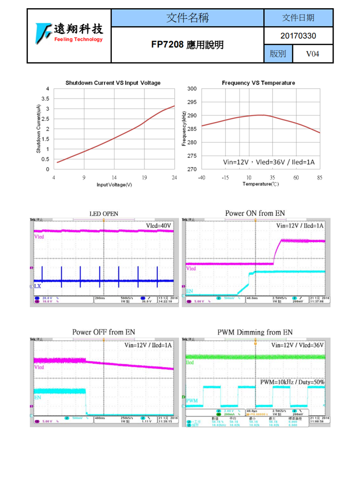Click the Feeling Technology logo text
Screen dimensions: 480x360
pos(78,39)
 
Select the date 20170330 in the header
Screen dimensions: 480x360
pos(298,36)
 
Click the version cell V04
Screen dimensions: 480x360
pos(312,54)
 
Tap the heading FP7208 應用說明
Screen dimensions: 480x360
pos(187,45)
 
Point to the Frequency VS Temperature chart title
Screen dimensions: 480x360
pos(258,83)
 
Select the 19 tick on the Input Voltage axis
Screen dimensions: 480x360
pos(144,178)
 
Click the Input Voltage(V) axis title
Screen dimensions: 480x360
pos(114,185)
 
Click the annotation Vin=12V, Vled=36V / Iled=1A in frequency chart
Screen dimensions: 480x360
pos(268,162)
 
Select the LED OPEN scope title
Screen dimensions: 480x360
pos(104,214)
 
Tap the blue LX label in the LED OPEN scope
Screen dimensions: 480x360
pos(38,286)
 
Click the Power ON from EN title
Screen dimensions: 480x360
pos(255,213)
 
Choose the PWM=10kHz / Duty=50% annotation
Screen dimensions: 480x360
pos(292,382)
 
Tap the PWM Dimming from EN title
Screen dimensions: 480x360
pos(255,332)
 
